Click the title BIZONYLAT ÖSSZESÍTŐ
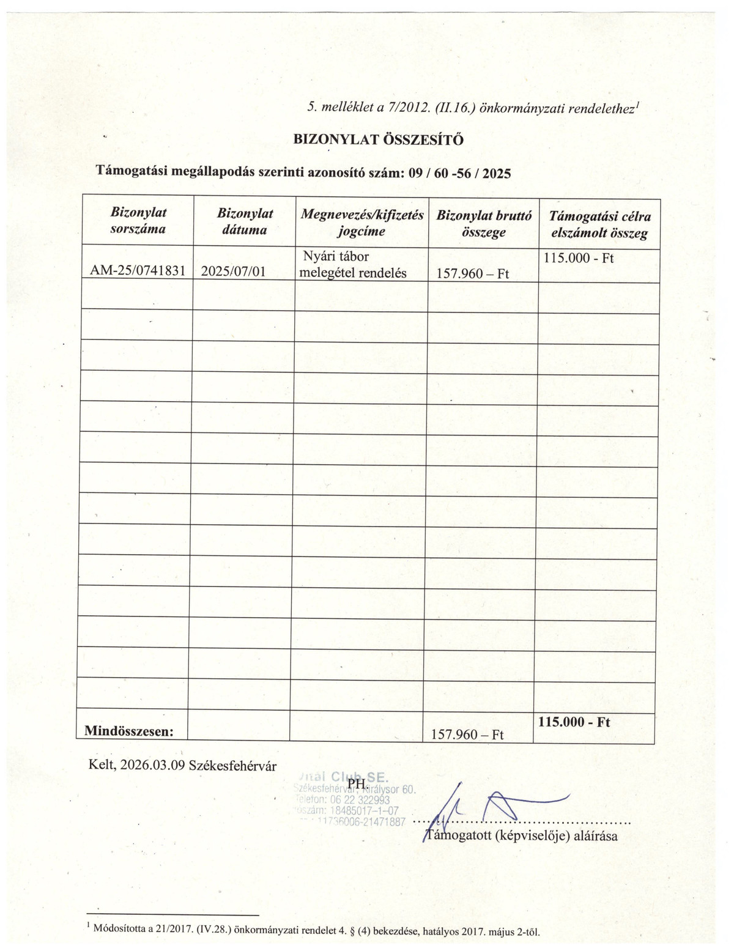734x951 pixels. pos(379,139)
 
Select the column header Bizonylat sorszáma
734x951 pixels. pos(138,221)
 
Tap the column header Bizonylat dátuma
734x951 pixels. pos(245,221)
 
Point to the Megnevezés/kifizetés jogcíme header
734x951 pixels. pos(361,223)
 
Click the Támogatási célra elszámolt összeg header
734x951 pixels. pos(599,224)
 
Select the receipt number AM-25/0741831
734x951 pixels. pos(137,271)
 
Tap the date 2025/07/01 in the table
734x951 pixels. pos(233,271)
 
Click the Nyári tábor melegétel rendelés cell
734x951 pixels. pos(353,265)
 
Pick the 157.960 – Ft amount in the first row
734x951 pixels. pos(473,273)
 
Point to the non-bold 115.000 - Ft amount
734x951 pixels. pos(578,258)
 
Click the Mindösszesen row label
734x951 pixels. pos(128,730)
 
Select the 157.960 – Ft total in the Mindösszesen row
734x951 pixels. pos(467,734)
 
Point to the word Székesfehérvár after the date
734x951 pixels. pos(233,766)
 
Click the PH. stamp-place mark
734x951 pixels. pos(357,783)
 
